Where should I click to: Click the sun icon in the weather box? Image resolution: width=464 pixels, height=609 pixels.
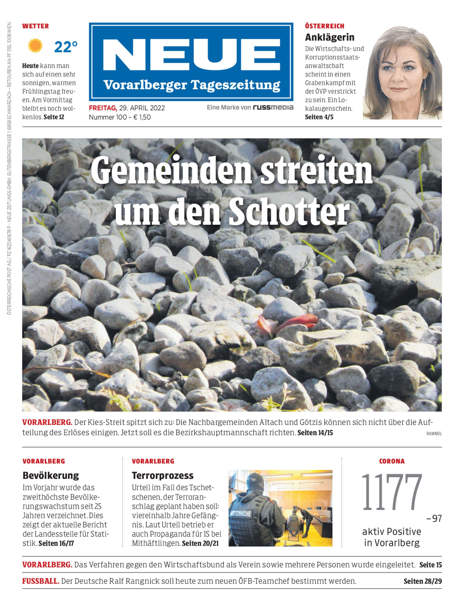point(35,46)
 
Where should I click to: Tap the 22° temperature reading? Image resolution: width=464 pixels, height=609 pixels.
point(66,47)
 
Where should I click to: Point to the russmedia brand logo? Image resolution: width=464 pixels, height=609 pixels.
point(273,107)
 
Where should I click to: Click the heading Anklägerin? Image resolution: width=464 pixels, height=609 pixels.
point(329,37)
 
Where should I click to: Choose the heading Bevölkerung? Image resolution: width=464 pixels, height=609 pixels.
point(51,475)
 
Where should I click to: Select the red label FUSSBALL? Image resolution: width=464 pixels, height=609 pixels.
point(41,581)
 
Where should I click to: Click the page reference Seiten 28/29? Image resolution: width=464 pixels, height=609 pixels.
point(423,581)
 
